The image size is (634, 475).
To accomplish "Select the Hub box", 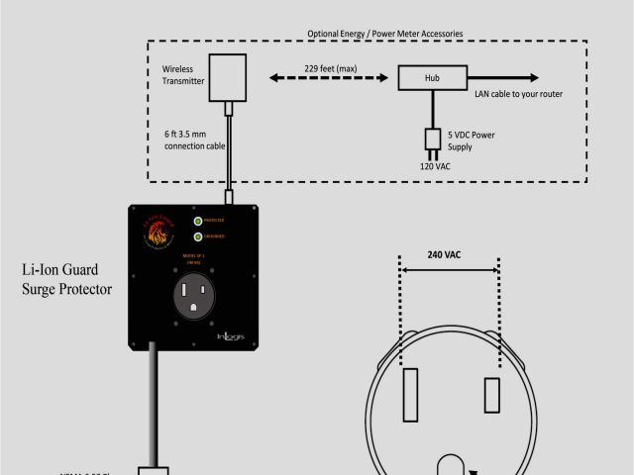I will [x=431, y=77].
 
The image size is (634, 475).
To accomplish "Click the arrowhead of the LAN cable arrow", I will [x=533, y=77].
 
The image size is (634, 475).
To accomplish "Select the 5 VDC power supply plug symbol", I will [x=432, y=140].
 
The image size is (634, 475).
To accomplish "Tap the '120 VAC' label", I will [x=437, y=165].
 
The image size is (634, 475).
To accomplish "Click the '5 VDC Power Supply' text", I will [x=475, y=141].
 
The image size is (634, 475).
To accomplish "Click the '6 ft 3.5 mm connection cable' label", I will [x=194, y=139].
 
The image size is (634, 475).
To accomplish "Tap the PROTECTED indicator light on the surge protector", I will [x=198, y=221].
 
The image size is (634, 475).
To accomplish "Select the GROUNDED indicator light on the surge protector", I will [x=198, y=237].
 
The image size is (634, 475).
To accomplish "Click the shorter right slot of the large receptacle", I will [x=490, y=394].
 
